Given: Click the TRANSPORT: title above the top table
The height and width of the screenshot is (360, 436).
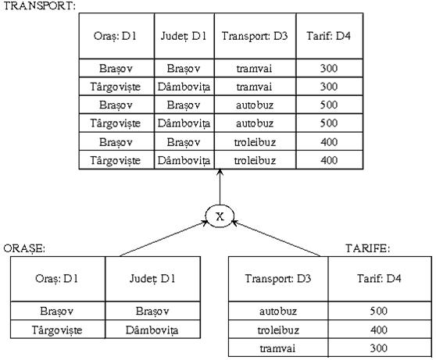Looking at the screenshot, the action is (x=40, y=5).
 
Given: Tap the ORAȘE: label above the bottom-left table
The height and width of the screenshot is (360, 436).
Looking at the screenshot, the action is (x=24, y=248).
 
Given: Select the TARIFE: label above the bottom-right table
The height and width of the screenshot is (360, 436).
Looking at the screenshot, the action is (x=367, y=248).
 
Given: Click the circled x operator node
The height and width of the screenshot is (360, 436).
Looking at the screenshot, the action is (x=220, y=216).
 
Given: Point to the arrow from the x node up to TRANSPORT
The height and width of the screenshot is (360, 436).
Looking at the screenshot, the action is (x=220, y=187).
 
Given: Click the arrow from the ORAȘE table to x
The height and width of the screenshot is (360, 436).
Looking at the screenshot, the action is (x=164, y=238).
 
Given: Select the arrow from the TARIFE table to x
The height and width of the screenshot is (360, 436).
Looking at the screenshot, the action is (x=276, y=238).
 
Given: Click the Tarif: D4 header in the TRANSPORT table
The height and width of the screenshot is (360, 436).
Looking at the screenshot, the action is (x=328, y=36).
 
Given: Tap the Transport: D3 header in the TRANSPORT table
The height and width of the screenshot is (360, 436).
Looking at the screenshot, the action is (x=255, y=36).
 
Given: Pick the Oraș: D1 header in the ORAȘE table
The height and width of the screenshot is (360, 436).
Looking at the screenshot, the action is (x=57, y=278).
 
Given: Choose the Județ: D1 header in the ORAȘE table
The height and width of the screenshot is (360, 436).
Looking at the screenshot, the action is (x=152, y=278).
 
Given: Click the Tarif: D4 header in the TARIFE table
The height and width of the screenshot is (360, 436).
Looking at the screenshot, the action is (x=379, y=278).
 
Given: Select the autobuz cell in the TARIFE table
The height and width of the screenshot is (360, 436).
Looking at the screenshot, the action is (x=278, y=311).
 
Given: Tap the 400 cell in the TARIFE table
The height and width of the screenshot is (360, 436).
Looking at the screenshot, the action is (x=379, y=330).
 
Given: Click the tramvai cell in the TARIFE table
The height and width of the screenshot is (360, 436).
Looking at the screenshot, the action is (x=277, y=348).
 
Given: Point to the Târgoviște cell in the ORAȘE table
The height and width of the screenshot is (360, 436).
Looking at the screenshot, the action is (x=57, y=330).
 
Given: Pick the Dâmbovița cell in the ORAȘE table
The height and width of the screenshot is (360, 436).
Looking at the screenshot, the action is (x=152, y=330).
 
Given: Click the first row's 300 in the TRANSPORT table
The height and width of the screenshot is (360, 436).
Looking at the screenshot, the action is (x=329, y=68).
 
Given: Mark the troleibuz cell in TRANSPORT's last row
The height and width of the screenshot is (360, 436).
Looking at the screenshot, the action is (x=255, y=160).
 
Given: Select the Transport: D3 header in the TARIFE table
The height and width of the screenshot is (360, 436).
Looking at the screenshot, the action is (x=278, y=278).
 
